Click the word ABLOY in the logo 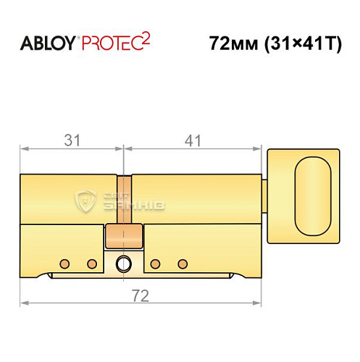[47, 43]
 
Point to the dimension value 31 [71, 140]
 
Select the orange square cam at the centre [124, 236]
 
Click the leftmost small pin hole [64, 263]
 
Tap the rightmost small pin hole [183, 263]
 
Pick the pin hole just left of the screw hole [92, 263]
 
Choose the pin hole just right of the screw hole [155, 263]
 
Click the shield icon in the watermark [87, 201]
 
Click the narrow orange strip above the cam [125, 199]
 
